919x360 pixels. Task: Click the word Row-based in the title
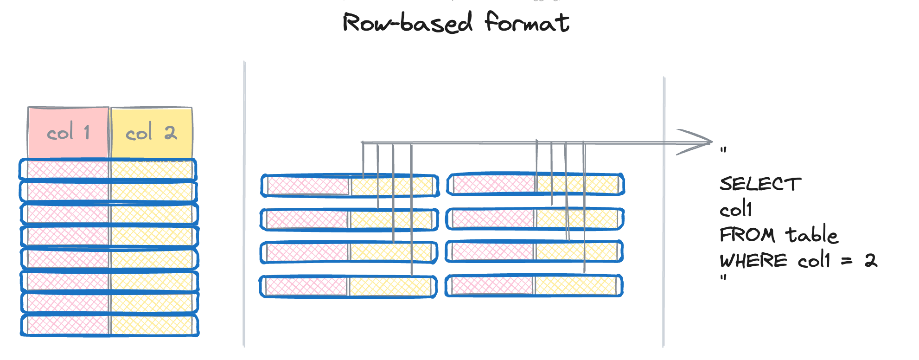[407, 23]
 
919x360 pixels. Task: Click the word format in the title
[527, 22]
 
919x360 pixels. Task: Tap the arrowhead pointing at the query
[698, 142]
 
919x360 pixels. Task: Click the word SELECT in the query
[760, 184]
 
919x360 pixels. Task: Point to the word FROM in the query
[747, 235]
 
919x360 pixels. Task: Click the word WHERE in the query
[753, 261]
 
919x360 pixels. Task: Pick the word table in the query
[811, 234]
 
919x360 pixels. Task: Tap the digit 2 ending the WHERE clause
[871, 260]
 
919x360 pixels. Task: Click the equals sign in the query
[847, 261]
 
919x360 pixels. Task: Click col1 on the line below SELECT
[736, 209]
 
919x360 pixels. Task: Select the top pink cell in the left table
[68, 170]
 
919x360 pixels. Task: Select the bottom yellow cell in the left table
[151, 325]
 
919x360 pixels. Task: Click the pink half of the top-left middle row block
[308, 186]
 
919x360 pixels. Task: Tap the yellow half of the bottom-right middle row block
[575, 286]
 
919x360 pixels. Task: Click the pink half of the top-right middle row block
[494, 184]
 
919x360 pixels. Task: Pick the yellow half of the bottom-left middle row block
[390, 286]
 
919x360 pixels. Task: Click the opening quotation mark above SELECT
[723, 150]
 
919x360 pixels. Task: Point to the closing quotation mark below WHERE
[723, 278]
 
